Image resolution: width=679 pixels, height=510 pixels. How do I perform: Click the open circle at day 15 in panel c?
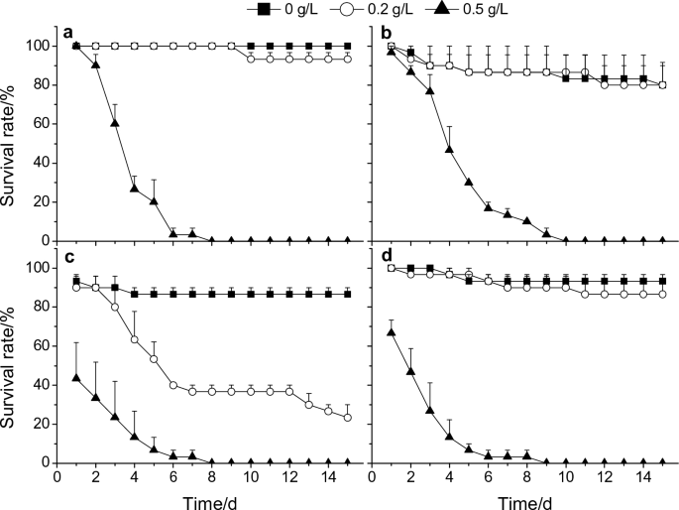tap(347, 417)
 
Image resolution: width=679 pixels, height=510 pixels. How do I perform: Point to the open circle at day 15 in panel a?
tap(347, 60)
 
